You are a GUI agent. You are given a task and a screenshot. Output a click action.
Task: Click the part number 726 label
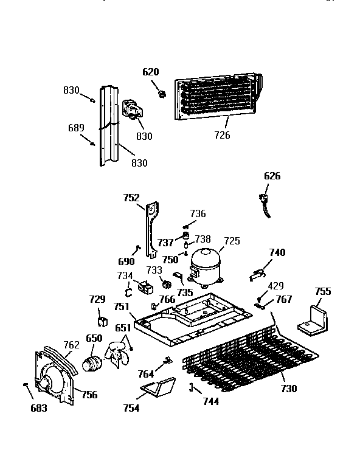[222, 135]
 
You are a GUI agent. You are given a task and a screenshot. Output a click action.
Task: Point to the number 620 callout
[151, 72]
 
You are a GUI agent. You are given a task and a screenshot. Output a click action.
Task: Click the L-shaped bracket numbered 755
[313, 321]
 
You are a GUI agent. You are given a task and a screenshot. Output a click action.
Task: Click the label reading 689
[76, 128]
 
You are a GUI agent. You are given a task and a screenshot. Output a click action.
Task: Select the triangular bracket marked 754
[158, 387]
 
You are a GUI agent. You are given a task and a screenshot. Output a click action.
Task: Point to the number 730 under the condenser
[289, 389]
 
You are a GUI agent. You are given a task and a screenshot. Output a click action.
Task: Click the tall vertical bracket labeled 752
[152, 229]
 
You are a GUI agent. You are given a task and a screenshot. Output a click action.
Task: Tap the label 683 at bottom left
[39, 408]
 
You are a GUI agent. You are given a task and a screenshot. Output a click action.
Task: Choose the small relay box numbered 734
[145, 287]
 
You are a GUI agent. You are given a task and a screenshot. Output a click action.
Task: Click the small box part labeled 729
[102, 322]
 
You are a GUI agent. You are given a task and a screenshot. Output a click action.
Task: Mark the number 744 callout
[211, 401]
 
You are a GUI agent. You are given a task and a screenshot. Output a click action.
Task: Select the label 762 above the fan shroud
[72, 345]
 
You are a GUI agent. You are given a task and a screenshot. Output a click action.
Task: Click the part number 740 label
[277, 252]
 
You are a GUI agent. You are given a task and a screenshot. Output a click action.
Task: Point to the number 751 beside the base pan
[122, 306]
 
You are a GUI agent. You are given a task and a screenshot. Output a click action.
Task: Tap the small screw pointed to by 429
[260, 299]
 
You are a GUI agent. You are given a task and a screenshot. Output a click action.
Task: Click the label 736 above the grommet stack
[198, 213]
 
